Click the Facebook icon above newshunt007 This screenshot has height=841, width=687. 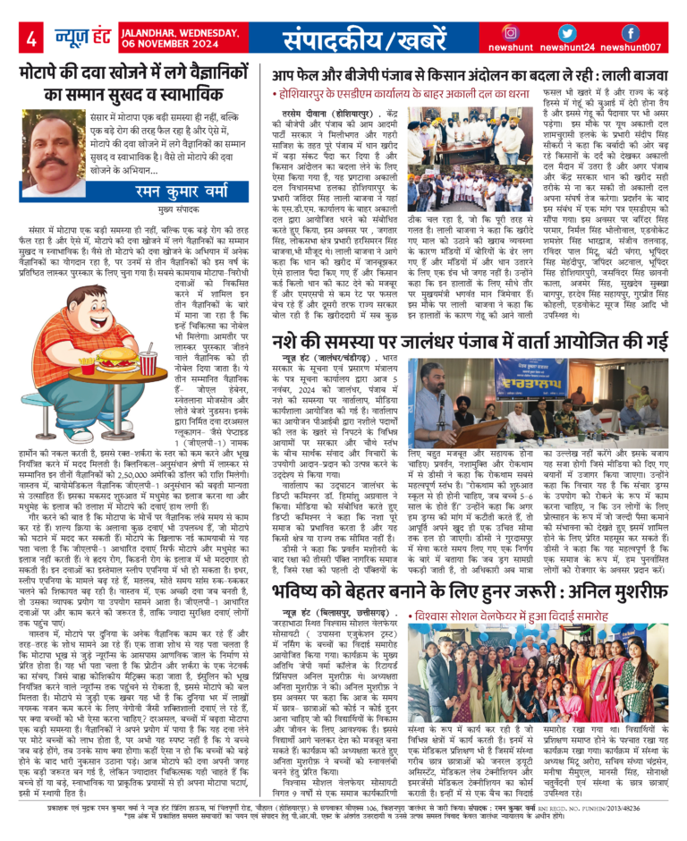click(630, 32)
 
